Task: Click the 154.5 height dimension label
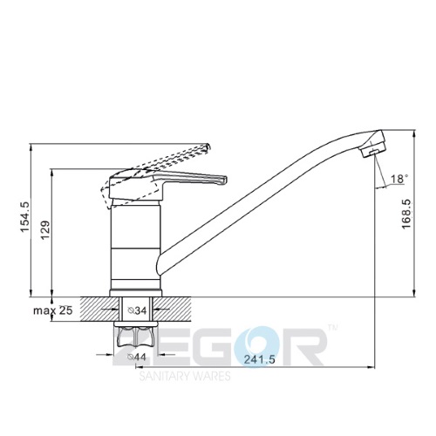point(25,217)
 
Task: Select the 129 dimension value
point(45,230)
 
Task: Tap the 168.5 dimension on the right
point(406,214)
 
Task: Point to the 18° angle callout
point(398,179)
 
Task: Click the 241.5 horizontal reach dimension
point(259,359)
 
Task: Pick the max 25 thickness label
point(52,310)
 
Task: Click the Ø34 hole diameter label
point(137,310)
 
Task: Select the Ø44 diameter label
point(136,357)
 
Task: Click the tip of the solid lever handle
point(224,180)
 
